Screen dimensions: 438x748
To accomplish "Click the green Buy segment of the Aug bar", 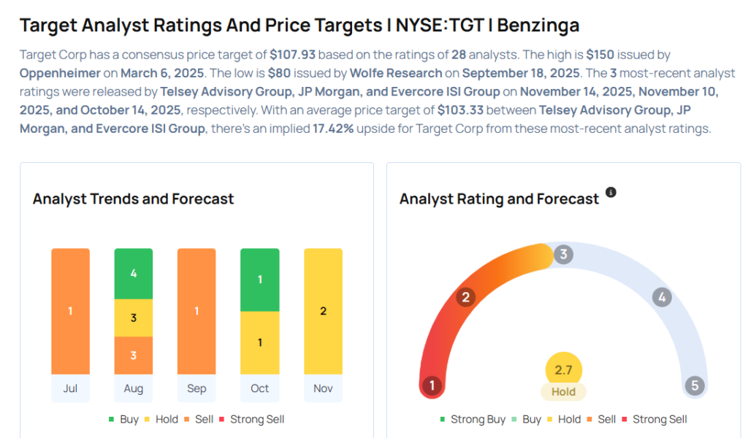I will pos(134,274).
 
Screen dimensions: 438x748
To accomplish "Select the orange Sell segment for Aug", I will pos(134,356).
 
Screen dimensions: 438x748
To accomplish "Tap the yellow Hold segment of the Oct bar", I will pos(259,342).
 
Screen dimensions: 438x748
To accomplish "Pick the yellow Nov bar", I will pos(323,311).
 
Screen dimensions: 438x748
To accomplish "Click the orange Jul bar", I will pos(70,311).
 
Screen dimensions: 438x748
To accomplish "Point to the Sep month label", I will pos(196,388).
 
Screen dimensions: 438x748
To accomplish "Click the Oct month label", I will pos(259,388).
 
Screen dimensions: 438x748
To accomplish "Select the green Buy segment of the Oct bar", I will pos(259,280).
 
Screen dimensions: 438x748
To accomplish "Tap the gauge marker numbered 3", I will pos(562,255).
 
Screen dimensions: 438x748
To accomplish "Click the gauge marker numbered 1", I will pos(432,385).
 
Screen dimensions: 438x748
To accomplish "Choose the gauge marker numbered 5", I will pos(695,385).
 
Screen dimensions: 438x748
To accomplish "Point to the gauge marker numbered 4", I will pos(662,297).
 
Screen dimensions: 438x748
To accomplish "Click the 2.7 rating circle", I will pos(563,370).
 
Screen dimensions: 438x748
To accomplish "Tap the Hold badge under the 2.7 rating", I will pos(563,392).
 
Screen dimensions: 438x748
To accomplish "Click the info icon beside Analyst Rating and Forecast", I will pos(611,193).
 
